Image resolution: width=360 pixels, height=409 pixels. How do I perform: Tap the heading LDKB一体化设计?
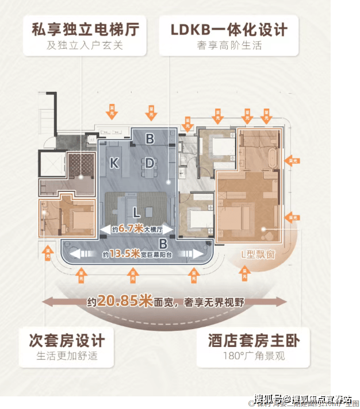228,29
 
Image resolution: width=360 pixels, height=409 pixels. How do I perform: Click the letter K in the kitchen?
114,163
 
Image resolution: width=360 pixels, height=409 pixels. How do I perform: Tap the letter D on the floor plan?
150,163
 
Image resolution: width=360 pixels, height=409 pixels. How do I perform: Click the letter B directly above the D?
150,139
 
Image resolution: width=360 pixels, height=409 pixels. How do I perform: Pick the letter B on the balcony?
163,242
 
